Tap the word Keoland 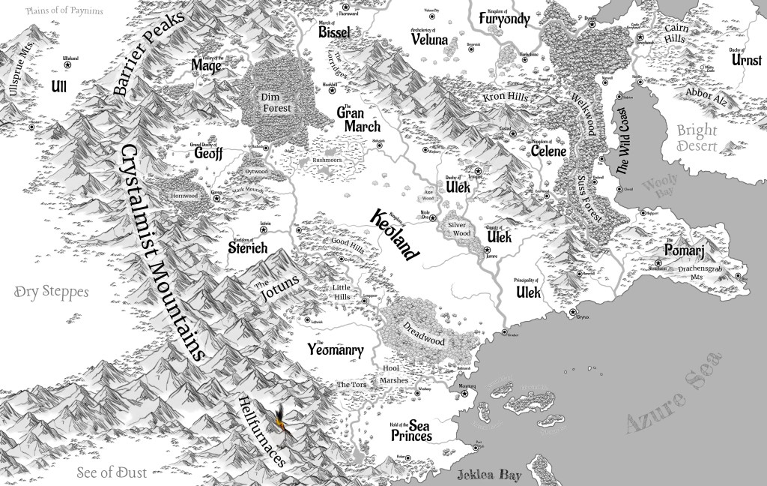395,233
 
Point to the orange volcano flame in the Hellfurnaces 282,419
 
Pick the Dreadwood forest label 424,334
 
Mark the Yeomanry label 336,349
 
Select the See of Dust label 112,472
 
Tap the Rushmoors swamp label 327,158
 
